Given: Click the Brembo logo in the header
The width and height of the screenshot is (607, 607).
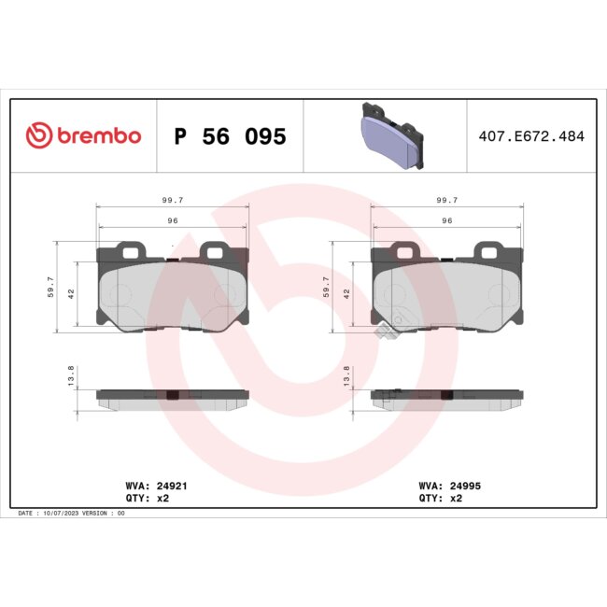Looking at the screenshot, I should pyautogui.click(x=83, y=136).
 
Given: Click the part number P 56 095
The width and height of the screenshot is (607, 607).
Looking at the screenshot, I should pyautogui.click(x=230, y=136).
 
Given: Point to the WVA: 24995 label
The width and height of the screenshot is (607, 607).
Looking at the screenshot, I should pyautogui.click(x=450, y=486).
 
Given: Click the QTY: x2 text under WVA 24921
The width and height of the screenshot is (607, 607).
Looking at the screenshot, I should pyautogui.click(x=148, y=499).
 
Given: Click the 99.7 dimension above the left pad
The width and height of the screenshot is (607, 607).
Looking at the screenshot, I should pyautogui.click(x=172, y=200).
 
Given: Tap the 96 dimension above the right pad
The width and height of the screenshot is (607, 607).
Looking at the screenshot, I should pyautogui.click(x=446, y=219).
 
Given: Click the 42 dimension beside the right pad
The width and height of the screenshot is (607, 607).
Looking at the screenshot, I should pyautogui.click(x=346, y=293).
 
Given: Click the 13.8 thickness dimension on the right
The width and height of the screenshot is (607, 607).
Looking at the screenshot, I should pyautogui.click(x=346, y=375).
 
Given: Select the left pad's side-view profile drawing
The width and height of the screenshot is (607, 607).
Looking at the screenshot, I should pyautogui.click(x=172, y=397).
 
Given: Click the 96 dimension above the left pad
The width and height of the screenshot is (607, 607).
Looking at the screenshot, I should pyautogui.click(x=172, y=219).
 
